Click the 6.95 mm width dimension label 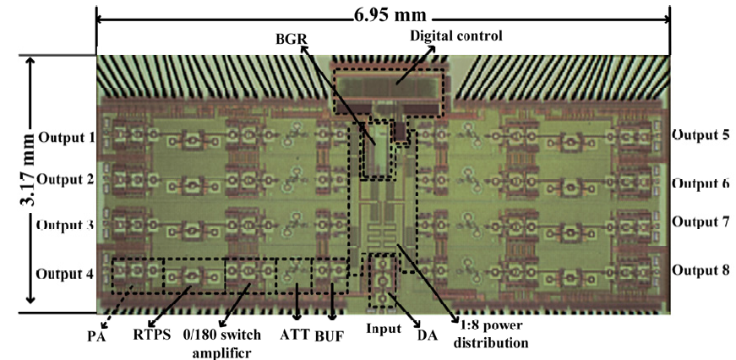coord(390,14)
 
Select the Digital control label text coord(456,35)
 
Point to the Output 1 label coord(67,137)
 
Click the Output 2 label coord(66,179)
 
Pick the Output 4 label coord(65,274)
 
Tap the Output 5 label coord(701,134)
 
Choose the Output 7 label coord(701,221)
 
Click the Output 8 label coord(701,270)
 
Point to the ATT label coord(295,334)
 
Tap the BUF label coord(329,336)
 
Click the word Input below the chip coord(384,329)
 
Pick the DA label coord(427,335)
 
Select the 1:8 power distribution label coord(491,333)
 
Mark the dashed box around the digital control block coord(388,93)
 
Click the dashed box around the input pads coord(383,281)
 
